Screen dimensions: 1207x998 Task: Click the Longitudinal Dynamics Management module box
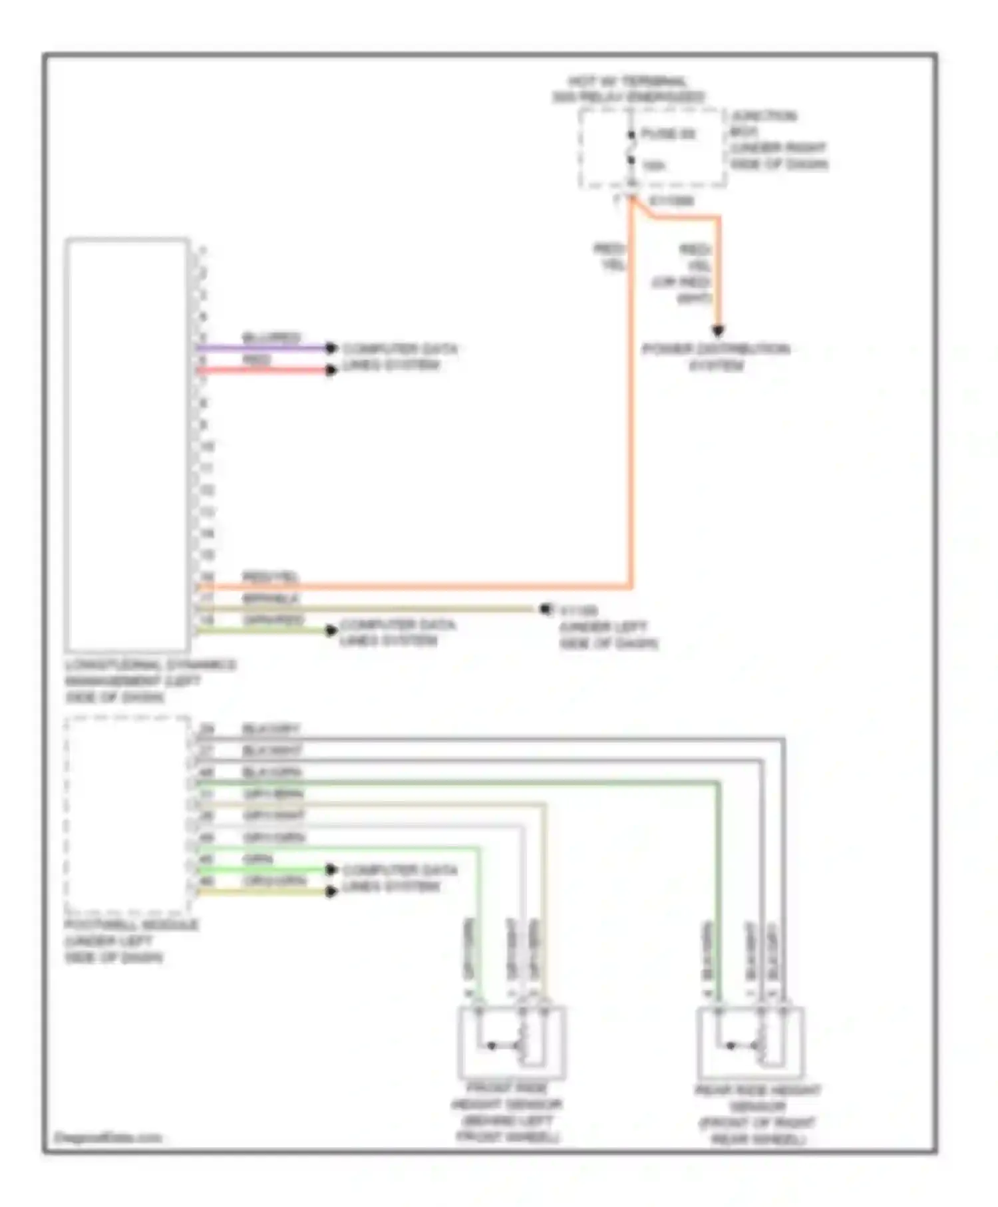tap(126, 444)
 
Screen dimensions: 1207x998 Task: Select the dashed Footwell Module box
tap(127, 814)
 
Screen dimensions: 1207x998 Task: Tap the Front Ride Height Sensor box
tap(511, 1042)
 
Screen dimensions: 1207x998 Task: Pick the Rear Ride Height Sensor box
tap(750, 1042)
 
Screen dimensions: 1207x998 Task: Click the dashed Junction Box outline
tap(652, 148)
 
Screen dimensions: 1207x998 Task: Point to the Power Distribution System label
tap(716, 357)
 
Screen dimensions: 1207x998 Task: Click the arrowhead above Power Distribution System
tap(718, 331)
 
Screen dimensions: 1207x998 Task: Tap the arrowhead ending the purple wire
tap(331, 347)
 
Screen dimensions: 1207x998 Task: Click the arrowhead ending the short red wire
tap(331, 370)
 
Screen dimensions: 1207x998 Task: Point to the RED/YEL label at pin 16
tap(269, 576)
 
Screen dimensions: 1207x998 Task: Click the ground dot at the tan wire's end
tap(546, 609)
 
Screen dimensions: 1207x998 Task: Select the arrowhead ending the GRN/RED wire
tap(331, 630)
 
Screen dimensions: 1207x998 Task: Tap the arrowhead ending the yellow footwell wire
tap(331, 891)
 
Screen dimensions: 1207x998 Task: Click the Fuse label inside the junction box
tap(667, 134)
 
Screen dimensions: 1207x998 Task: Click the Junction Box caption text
tap(778, 140)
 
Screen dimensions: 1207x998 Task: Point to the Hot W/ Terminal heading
tap(627, 89)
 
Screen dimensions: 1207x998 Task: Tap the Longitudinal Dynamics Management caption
tap(150, 681)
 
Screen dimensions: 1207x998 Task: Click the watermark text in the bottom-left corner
tap(107, 1137)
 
